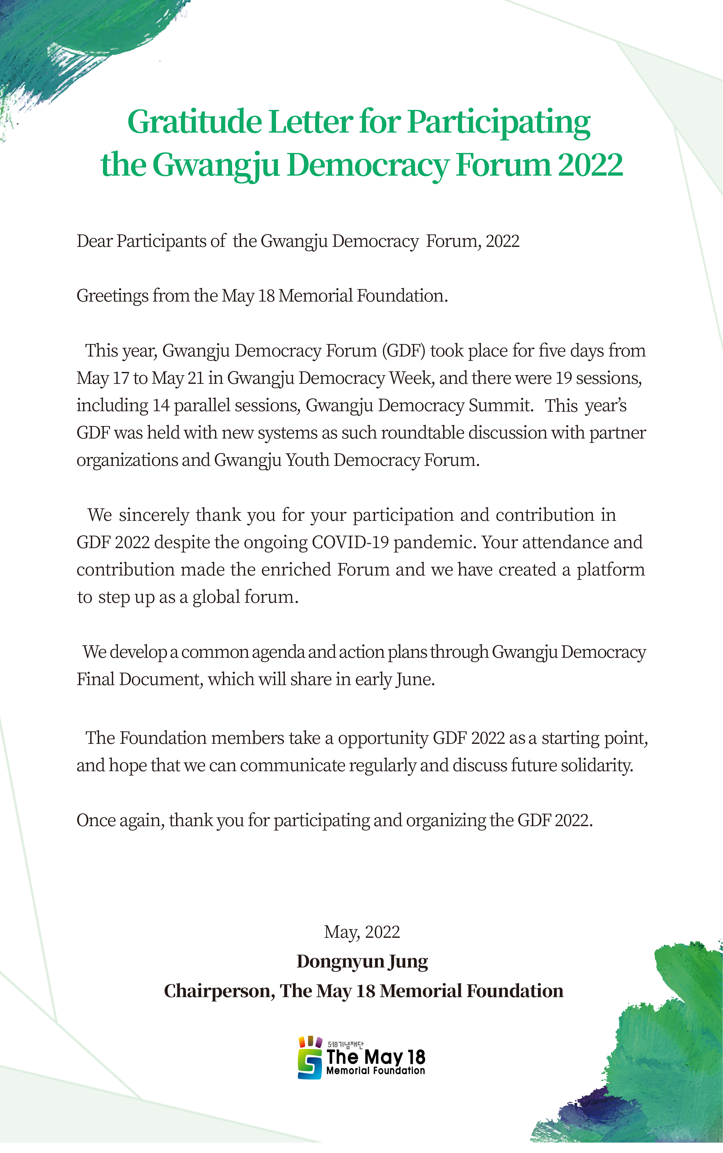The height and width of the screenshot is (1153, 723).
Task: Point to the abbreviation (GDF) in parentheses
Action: click(403, 351)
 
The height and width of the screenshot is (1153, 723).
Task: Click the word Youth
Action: click(308, 460)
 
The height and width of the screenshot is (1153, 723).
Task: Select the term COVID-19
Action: click(350, 542)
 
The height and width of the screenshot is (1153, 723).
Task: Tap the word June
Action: click(414, 679)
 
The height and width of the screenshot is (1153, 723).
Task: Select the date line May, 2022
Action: click(362, 932)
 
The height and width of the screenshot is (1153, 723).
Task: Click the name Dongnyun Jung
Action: click(362, 961)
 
